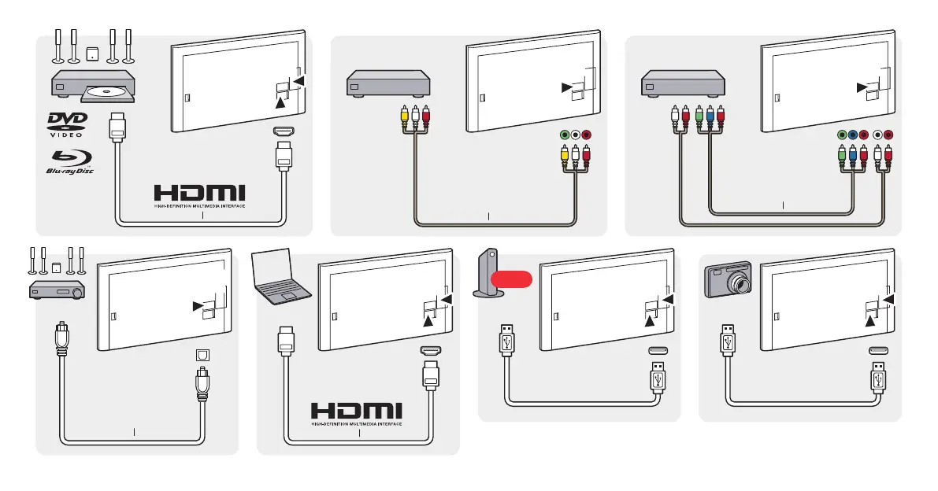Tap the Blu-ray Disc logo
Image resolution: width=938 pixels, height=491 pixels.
(69, 161)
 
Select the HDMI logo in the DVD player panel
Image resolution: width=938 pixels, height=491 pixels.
(199, 194)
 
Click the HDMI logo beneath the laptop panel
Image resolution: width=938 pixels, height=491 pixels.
(357, 412)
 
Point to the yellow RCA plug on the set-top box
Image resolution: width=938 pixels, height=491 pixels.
(404, 116)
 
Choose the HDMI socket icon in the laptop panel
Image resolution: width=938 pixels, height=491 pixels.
(430, 352)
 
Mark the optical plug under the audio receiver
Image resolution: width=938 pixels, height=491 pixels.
(60, 338)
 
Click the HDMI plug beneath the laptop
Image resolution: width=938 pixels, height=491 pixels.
(284, 344)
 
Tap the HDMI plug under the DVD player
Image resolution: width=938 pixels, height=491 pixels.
(118, 127)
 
